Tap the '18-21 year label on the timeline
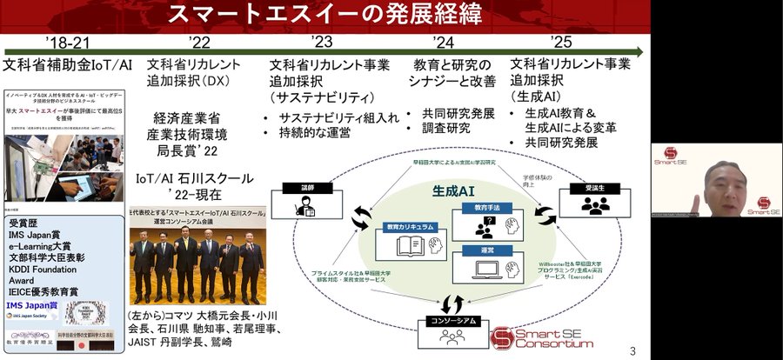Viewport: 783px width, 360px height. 68,42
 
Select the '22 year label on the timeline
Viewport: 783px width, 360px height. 199,42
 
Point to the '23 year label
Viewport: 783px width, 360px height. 322,42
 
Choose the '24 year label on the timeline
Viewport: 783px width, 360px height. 444,42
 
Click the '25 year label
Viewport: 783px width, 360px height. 561,42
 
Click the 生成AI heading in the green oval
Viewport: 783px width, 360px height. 457,189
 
